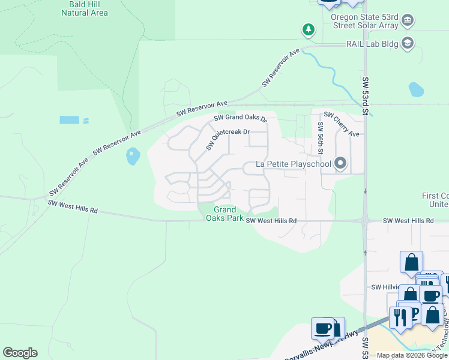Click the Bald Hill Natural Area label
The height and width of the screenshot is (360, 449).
(x=85, y=8)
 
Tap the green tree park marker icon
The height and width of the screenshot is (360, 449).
(x=309, y=29)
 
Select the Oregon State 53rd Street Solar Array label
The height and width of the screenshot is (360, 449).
(x=364, y=22)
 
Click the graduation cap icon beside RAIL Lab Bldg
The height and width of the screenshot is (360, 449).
(x=408, y=43)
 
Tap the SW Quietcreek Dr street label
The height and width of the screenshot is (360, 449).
(x=227, y=140)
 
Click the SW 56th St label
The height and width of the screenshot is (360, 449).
(x=321, y=139)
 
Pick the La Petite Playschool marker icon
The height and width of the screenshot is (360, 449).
(x=341, y=163)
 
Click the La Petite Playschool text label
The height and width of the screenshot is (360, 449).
(x=294, y=164)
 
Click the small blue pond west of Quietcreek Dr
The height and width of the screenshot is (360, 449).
(x=133, y=157)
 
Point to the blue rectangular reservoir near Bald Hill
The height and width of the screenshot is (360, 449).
(x=69, y=120)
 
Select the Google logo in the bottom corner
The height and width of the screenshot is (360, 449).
(x=20, y=353)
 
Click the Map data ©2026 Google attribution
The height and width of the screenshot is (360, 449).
(x=412, y=355)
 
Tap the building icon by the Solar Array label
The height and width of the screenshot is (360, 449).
(x=408, y=20)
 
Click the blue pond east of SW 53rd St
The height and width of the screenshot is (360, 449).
(x=416, y=89)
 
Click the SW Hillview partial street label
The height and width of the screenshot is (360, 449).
(x=385, y=287)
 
